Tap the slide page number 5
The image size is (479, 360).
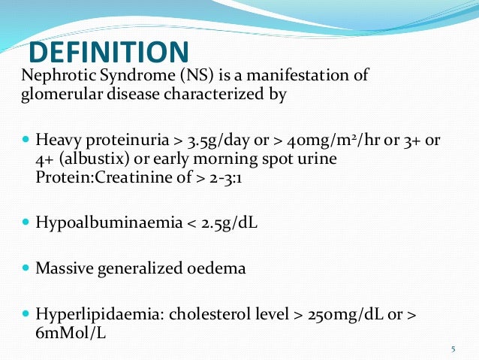[x=453, y=349]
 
